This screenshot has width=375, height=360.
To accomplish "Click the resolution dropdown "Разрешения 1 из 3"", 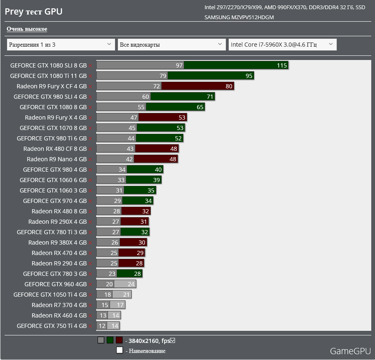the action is [x=61, y=45].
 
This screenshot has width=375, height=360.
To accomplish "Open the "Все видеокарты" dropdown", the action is [x=172, y=45].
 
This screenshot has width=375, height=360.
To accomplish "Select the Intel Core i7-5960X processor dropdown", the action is [x=282, y=45].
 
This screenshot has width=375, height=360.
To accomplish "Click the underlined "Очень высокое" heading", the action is [x=27, y=29].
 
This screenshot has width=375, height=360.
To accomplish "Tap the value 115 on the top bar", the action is [x=282, y=65].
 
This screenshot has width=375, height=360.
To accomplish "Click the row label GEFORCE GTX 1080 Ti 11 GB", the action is [x=48, y=76].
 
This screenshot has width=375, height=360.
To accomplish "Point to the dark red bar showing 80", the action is [x=197, y=86].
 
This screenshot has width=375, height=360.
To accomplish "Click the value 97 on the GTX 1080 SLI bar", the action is [x=179, y=65].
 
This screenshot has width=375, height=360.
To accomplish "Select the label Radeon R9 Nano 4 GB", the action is [x=57, y=159].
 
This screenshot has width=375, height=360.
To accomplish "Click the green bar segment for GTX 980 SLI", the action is [x=183, y=97].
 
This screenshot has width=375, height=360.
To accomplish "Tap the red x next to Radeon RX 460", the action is [x=90, y=316].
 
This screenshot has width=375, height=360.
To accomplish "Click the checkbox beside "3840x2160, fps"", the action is [x=172, y=340].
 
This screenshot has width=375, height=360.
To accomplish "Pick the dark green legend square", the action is [x=110, y=340].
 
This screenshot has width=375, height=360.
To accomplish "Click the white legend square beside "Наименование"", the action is [x=119, y=350].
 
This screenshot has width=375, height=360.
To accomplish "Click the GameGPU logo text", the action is [x=350, y=351].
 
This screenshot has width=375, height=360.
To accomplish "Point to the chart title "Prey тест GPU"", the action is [x=33, y=12].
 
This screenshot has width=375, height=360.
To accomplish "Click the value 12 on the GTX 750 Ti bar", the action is [x=102, y=326].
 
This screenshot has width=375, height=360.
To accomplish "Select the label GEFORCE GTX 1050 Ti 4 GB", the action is [x=50, y=295].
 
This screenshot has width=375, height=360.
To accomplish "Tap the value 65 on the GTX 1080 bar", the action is [x=200, y=107].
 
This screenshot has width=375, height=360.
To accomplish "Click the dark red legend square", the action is [x=119, y=340].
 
